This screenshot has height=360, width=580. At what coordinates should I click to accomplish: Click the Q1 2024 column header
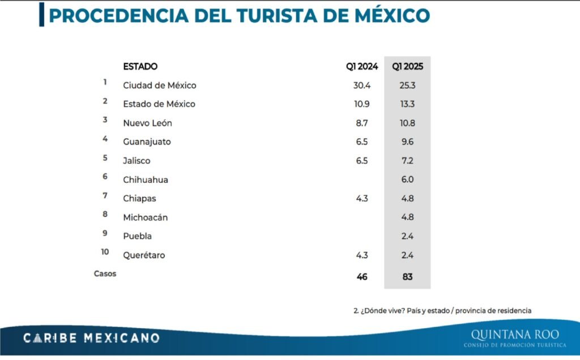(x=362, y=67)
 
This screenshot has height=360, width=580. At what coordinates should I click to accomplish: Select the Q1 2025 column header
(x=407, y=67)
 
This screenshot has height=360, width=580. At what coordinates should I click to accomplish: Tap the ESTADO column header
(x=140, y=67)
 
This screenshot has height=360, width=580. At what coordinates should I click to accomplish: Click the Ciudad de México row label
(x=159, y=85)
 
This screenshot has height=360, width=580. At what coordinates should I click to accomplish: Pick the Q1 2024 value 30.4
(x=362, y=85)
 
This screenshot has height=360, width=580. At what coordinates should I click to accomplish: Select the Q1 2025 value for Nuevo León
(x=407, y=123)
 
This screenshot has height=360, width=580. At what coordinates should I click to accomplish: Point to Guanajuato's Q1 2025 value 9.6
(x=407, y=142)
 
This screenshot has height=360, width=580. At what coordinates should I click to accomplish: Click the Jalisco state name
(x=137, y=161)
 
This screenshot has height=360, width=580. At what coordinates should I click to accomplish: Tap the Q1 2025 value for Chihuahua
(x=407, y=179)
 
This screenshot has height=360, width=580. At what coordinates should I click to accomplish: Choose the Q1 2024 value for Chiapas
(x=362, y=199)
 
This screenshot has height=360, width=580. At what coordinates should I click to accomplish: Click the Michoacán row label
(x=146, y=217)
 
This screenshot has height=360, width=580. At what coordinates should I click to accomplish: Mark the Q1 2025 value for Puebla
(x=407, y=236)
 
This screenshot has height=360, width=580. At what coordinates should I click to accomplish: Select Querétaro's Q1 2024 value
(x=362, y=255)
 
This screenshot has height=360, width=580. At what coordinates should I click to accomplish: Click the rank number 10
(x=105, y=252)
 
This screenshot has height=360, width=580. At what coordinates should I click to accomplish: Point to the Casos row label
(x=105, y=274)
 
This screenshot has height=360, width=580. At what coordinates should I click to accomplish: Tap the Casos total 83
(x=407, y=277)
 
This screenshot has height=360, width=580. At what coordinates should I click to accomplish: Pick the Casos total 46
(x=362, y=277)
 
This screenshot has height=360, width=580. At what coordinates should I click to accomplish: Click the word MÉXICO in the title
(x=392, y=15)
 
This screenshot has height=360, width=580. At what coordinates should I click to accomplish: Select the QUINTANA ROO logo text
(x=515, y=335)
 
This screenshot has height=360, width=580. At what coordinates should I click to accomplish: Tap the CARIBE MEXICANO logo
(x=91, y=338)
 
